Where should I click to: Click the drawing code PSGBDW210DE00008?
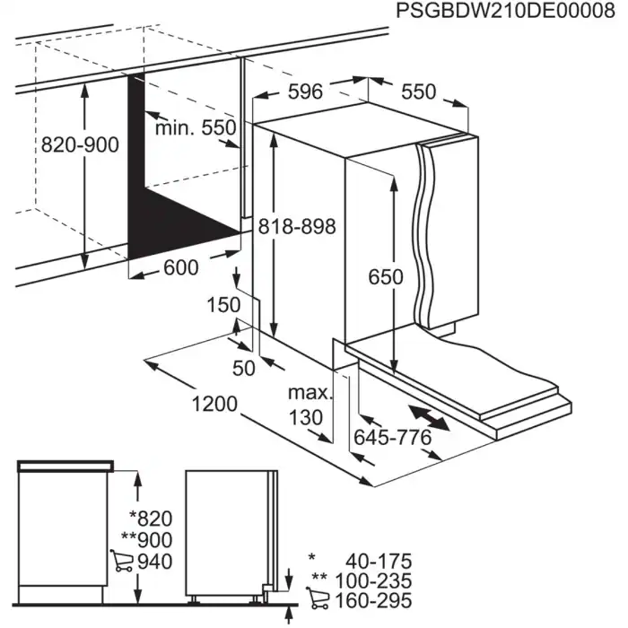click(505, 11)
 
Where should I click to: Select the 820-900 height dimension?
click(80, 145)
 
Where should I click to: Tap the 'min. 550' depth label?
click(196, 128)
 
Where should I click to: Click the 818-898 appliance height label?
click(297, 226)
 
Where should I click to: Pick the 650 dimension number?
click(386, 277)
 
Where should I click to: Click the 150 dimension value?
click(224, 305)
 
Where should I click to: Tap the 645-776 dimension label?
click(392, 438)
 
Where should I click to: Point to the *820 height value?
click(150, 518)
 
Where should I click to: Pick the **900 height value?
click(146, 539)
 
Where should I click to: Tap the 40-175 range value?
click(378, 560)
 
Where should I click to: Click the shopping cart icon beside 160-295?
click(318, 599)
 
